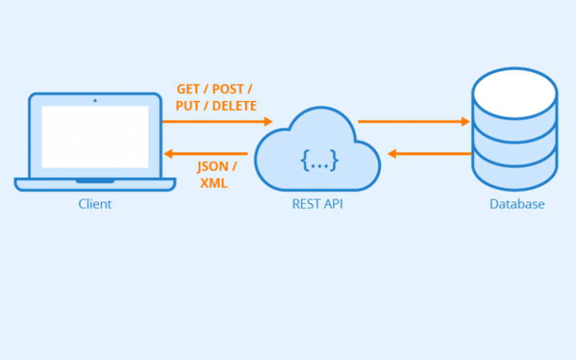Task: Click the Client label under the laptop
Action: [x=95, y=204]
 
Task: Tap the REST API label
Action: [x=318, y=204]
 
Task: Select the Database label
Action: [x=517, y=204]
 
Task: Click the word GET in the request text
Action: [x=189, y=90]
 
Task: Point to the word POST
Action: [x=230, y=90]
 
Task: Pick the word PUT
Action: [x=188, y=106]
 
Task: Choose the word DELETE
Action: [x=234, y=106]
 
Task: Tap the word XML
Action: [x=214, y=184]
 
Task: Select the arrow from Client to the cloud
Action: [x=217, y=122]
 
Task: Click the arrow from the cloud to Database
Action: [x=413, y=122]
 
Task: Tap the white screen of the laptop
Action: [x=95, y=137]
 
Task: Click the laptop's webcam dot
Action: [x=95, y=100]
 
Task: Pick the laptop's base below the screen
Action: [x=95, y=184]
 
